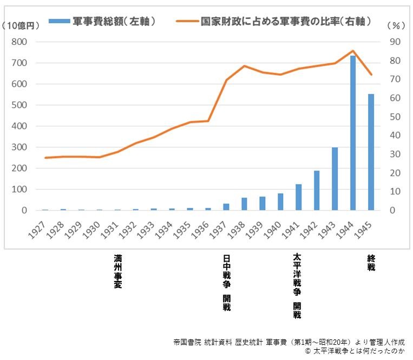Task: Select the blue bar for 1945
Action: coord(371,152)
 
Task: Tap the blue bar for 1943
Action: coord(335,179)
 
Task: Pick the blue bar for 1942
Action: coord(317,191)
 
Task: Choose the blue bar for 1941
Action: coord(298,197)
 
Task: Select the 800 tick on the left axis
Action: coord(19,42)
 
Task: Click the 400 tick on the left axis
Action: coord(19,126)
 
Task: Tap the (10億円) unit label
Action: coord(21,25)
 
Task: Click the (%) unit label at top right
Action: coord(397,25)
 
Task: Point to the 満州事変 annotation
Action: coord(117,271)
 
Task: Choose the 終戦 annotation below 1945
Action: coord(371,263)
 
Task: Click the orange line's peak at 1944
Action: coord(353,51)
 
